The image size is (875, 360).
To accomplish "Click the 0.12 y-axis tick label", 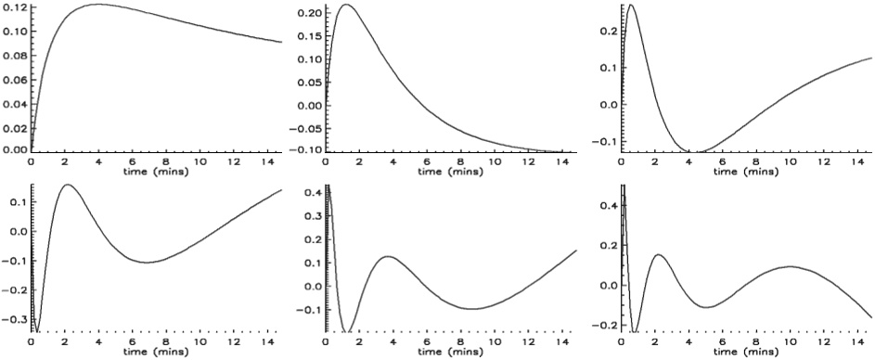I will [14, 7].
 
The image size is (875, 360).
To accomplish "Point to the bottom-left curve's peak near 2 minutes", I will [68, 185].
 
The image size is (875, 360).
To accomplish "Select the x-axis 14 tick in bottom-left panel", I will [264, 342].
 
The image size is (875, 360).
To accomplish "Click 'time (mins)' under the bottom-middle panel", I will [448, 353].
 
